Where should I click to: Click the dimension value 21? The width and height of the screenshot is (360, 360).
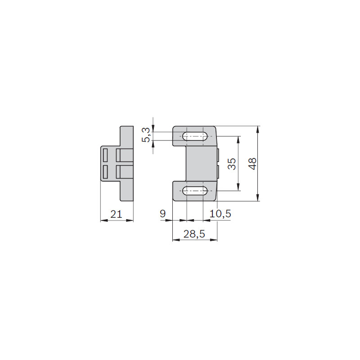[x=116, y=214]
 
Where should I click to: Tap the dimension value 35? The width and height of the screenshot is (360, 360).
[x=232, y=164]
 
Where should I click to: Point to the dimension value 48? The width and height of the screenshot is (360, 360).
[x=252, y=164]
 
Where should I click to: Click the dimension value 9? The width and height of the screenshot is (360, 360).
[x=162, y=214]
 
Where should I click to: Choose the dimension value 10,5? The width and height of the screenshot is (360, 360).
[x=220, y=214]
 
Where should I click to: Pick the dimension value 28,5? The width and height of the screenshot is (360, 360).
[x=194, y=234]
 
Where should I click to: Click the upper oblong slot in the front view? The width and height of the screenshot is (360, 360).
[x=195, y=136]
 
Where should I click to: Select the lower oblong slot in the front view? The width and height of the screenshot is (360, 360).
[x=195, y=191]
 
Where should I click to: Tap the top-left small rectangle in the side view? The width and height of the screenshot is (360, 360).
[x=105, y=155]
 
